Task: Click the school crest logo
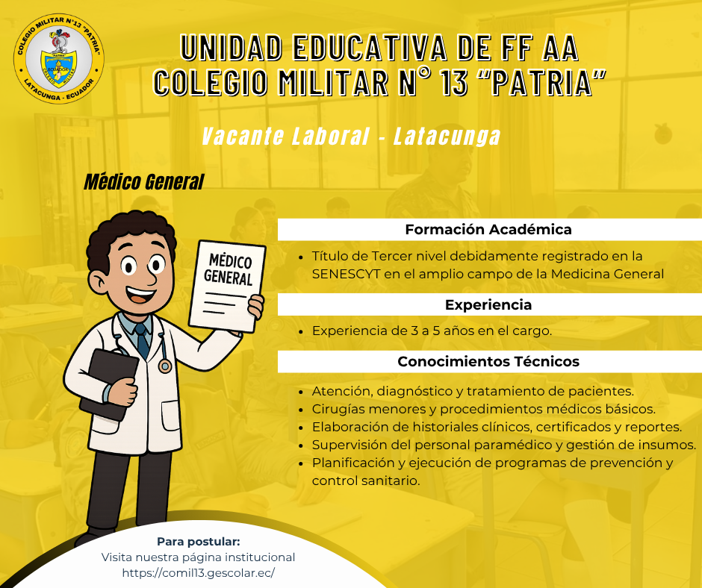[x=59, y=58]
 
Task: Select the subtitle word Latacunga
[x=447, y=136]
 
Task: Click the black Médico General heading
[x=143, y=181]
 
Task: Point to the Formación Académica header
[x=488, y=230]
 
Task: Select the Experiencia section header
[x=488, y=304]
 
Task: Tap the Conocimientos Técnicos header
[x=488, y=362]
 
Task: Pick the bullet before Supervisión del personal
[x=301, y=445]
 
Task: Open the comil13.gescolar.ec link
[x=199, y=573]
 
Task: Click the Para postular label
[x=199, y=542]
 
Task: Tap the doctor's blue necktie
[x=142, y=341]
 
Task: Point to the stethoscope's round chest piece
[x=165, y=366]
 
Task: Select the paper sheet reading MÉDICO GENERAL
[x=227, y=287]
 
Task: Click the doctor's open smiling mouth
[x=140, y=295]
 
